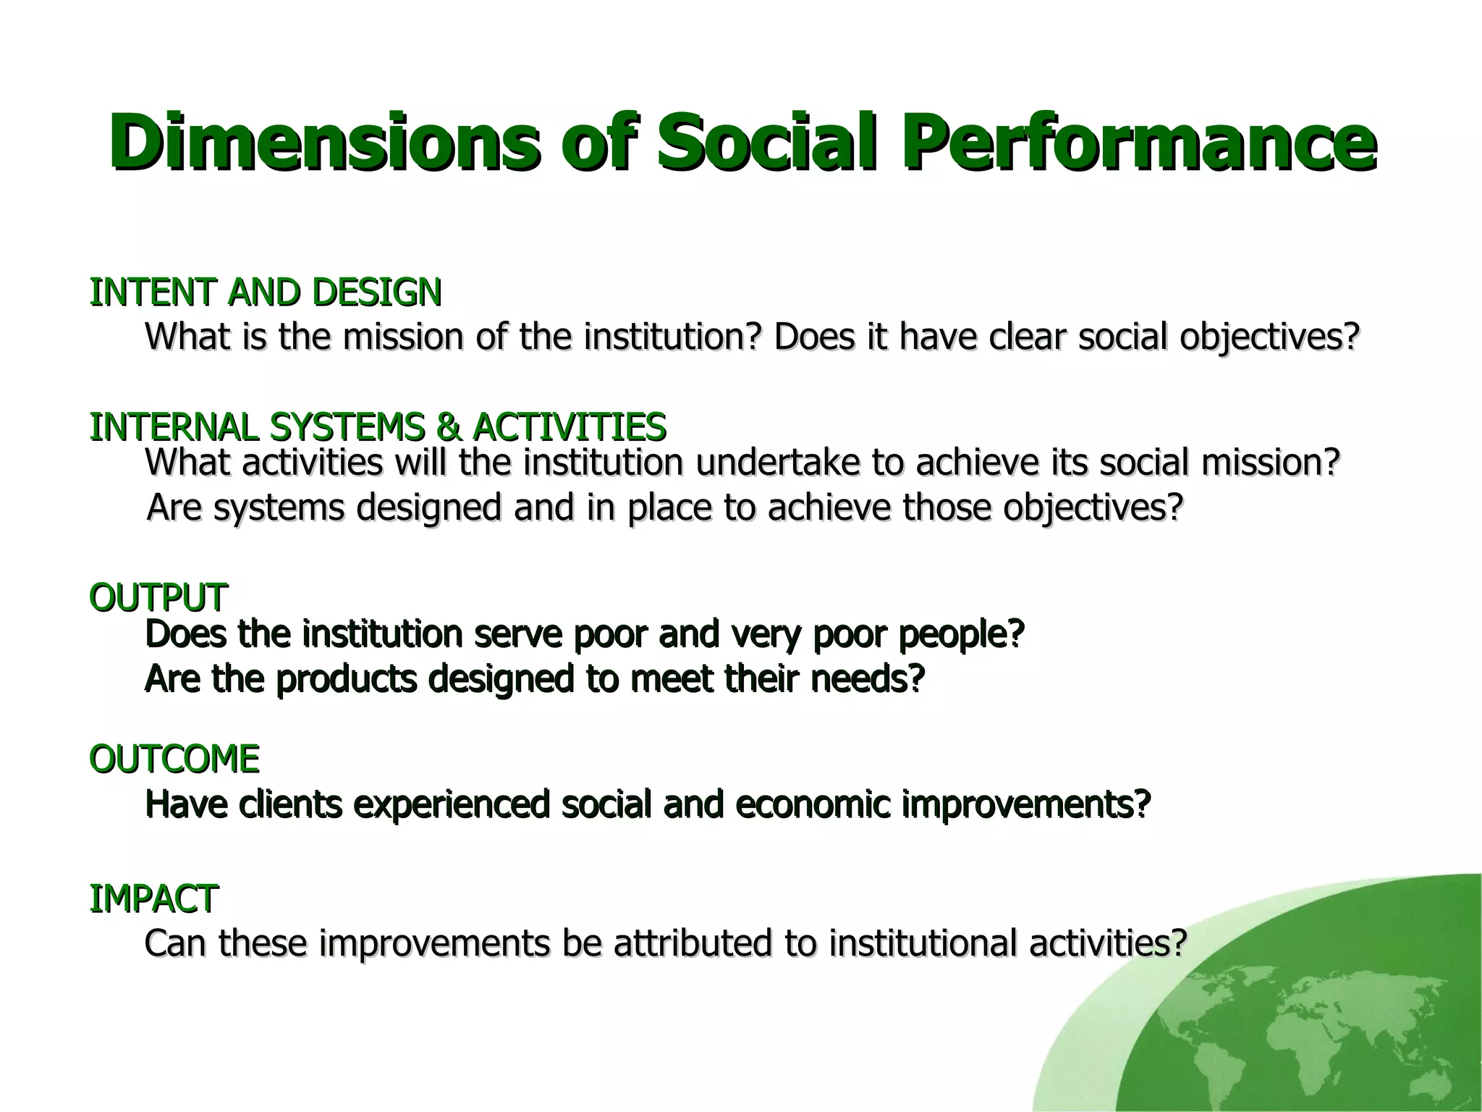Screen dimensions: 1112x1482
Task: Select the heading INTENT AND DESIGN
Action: click(265, 292)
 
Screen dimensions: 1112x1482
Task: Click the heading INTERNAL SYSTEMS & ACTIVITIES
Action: click(377, 426)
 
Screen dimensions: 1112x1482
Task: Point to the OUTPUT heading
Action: click(158, 597)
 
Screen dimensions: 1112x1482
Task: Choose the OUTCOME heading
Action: click(174, 759)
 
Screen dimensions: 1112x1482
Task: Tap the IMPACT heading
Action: click(153, 898)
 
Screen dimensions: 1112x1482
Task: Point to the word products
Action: click(347, 680)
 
